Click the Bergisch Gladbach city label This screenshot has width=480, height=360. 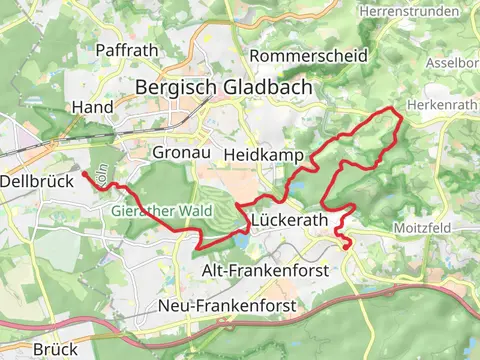click(x=224, y=87)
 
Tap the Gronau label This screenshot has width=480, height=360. click(x=179, y=153)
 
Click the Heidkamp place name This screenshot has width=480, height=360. click(x=258, y=155)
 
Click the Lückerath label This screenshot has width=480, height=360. click(x=290, y=220)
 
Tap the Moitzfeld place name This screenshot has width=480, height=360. click(x=423, y=228)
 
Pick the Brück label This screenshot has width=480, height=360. click(x=55, y=349)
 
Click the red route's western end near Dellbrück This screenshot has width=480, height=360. click(x=83, y=174)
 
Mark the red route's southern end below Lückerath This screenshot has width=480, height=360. click(x=348, y=246)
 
